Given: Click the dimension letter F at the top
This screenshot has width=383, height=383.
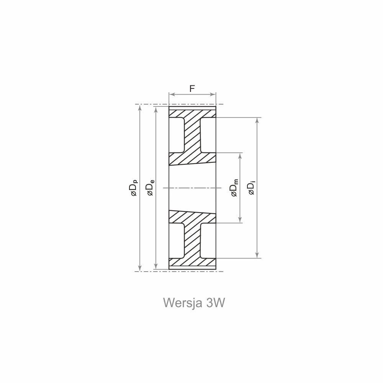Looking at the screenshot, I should (x=192, y=88).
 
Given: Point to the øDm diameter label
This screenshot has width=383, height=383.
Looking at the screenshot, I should (x=234, y=188).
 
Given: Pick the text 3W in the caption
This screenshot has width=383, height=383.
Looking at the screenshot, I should (x=215, y=303).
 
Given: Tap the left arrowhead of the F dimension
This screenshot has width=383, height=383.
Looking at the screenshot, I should (x=171, y=94).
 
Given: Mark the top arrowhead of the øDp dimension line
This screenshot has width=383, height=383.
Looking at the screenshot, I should (x=140, y=107).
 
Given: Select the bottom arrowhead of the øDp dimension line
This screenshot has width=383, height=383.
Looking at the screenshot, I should (x=140, y=268).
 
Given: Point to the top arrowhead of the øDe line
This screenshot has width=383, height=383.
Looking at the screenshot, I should (x=156, y=110).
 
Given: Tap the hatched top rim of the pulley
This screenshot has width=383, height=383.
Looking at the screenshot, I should (x=192, y=114).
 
